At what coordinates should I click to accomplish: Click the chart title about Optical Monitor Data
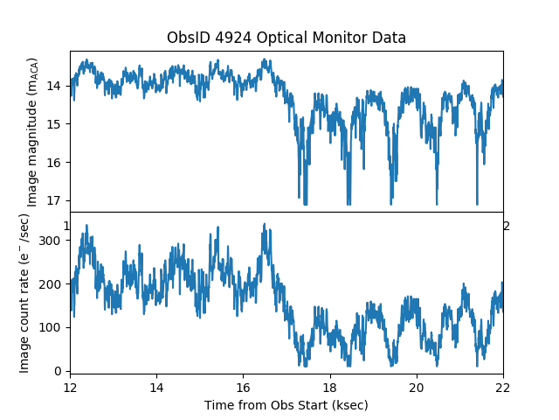tap(286, 38)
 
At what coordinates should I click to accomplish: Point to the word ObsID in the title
tap(185, 38)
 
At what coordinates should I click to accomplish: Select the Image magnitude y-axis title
tap(32, 131)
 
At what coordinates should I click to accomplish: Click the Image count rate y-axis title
tap(25, 292)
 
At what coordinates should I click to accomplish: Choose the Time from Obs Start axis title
tap(286, 405)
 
